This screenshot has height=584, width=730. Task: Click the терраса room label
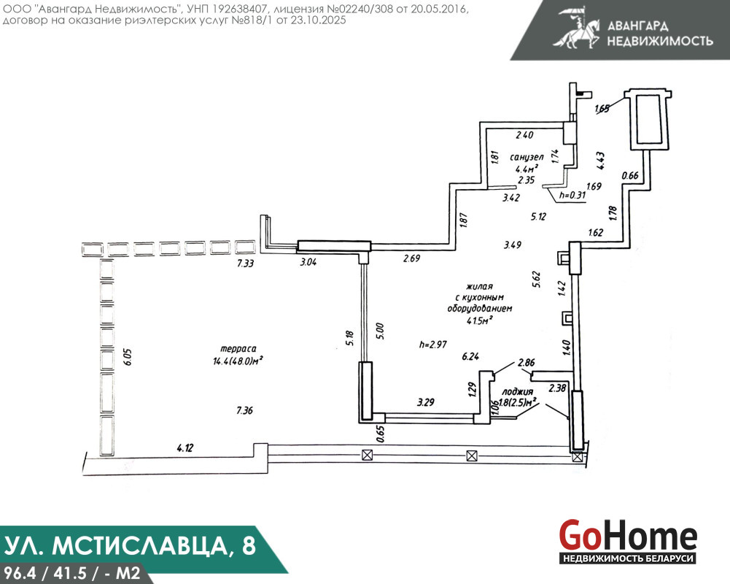coord(238,349)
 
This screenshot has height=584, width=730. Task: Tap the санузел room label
coord(527,157)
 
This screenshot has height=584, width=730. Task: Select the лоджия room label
coord(517,392)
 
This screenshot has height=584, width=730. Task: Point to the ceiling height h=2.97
coord(433,345)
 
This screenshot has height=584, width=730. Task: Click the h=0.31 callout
coord(572,195)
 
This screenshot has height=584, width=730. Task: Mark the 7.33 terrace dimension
coord(245,264)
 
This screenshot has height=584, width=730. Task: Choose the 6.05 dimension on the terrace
coord(127,357)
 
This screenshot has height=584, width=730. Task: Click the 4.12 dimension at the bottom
coord(185,448)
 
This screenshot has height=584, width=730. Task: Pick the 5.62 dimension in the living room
coord(537,279)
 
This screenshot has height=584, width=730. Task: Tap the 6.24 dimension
coord(470,356)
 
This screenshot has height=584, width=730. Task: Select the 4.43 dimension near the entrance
coord(601,161)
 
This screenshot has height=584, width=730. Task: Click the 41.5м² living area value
coord(480,320)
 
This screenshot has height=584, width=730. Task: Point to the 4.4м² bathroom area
coord(527,168)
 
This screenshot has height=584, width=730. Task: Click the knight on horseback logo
coord(576,27)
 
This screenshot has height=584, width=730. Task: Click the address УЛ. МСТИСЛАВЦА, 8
coord(130,545)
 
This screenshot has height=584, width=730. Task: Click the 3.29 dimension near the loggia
coord(425,401)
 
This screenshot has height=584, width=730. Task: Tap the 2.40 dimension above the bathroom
coord(524,135)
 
